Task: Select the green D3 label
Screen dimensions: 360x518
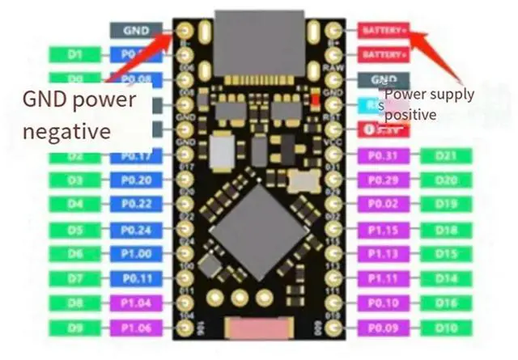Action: coord(75,180)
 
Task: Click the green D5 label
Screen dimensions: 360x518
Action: coord(75,230)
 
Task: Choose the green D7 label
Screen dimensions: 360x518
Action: coord(75,279)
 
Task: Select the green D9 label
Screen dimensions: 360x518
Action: coord(75,328)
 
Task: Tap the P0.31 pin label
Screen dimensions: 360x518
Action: coord(383,156)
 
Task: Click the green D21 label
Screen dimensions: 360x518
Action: coord(444,156)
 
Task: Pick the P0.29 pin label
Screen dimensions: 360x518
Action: coord(383,180)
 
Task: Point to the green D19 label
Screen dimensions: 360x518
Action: coord(444,204)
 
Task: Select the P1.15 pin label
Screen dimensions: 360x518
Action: coord(383,230)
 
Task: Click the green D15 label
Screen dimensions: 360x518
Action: coord(444,254)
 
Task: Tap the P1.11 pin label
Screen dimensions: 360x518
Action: coord(383,279)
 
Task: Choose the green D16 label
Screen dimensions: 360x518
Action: coord(444,303)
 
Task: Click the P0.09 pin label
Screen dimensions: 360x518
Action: coord(383,328)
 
